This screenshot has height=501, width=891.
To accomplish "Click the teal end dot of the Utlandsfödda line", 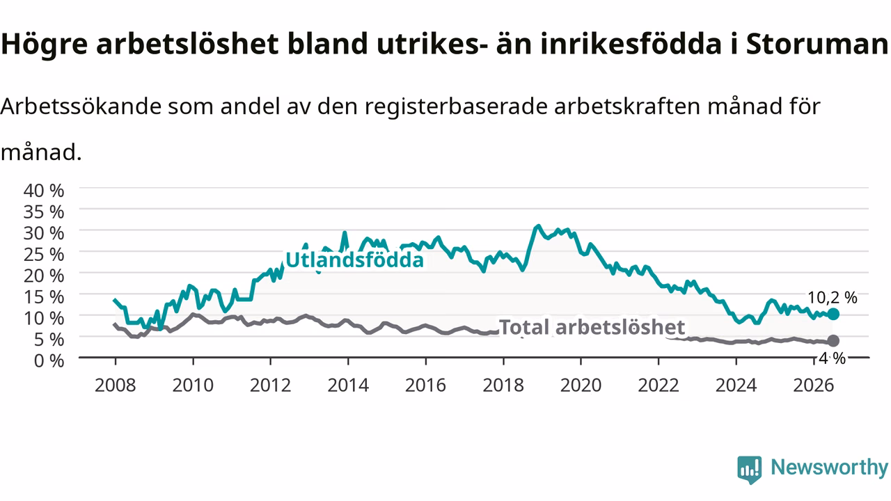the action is point(833,314).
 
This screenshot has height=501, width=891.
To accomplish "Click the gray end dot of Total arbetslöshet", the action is point(833,341).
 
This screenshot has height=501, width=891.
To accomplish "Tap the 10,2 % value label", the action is point(832,297).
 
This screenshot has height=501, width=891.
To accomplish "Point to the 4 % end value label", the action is point(832,358).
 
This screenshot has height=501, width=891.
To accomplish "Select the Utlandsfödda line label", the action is point(354,260).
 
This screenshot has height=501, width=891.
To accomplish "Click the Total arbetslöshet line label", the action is point(592,327).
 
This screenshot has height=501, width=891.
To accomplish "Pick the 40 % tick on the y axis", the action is point(44,191).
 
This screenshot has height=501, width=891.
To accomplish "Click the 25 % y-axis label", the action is point(44,255).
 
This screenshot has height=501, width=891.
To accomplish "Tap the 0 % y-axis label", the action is point(49,360).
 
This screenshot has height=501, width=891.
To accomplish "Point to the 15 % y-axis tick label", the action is point(44,297).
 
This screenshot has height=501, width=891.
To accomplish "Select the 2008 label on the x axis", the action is point(116,385).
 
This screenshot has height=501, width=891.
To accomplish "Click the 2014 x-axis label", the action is point(348,385).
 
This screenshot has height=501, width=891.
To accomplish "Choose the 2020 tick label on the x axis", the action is point(581,385).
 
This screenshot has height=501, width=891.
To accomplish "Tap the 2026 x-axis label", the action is point(814,385).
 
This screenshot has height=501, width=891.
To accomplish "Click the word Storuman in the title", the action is point(817,44).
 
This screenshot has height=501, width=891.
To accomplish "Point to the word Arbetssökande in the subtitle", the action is point(81,106).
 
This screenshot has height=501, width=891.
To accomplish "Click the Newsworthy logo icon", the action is point(750,470).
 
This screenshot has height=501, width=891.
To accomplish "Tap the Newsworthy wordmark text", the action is point(829,467).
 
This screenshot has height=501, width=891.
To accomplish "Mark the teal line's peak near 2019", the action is point(538,226).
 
